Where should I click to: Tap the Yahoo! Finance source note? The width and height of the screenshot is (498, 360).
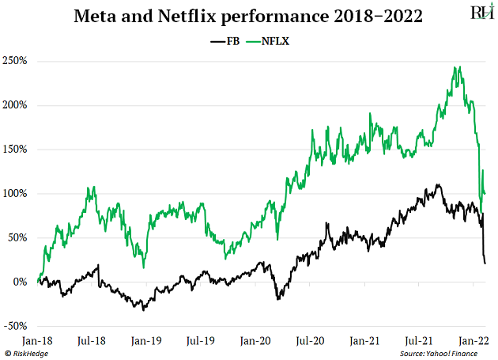coord(447,353)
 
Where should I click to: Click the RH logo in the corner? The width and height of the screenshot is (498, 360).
coord(478,14)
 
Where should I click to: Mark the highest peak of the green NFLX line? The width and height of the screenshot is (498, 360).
coord(459,67)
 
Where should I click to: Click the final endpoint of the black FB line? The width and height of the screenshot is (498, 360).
coord(485,263)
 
